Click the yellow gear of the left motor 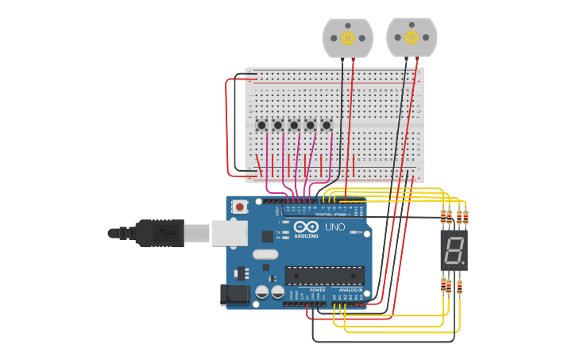coord(348,37)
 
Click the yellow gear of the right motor coord(412,37)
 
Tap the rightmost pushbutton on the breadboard coord(326,125)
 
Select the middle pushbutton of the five coord(294,125)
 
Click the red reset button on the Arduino coord(240,207)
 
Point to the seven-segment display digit coord(454,250)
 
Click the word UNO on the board coord(334,227)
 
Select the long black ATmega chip coord(325,275)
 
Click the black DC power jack coord(234,295)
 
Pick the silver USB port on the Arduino coord(229,232)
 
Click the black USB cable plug coord(160,233)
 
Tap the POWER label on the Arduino coord(317,290)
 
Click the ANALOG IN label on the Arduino coord(350,290)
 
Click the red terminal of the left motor coord(354,59)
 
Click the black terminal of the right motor coord(406,59)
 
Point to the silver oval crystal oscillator coord(266,254)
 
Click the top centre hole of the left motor coord(348,24)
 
